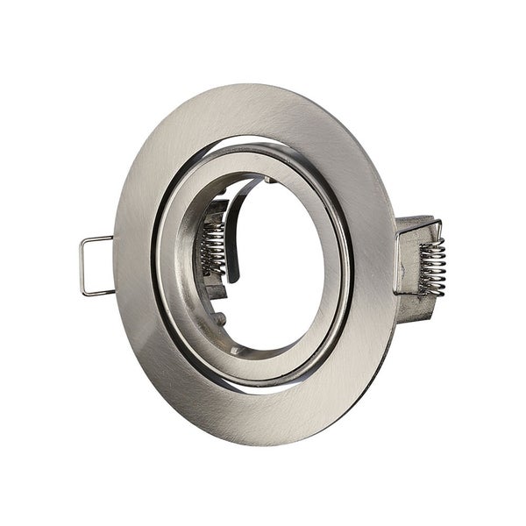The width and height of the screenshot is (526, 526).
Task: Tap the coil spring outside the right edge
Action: pyautogui.click(x=431, y=266)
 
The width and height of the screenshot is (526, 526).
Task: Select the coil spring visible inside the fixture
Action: pyautogui.click(x=213, y=247)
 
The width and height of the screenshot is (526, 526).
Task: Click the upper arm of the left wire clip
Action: pyautogui.click(x=96, y=238)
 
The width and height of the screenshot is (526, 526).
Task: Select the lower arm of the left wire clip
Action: pyautogui.click(x=98, y=293)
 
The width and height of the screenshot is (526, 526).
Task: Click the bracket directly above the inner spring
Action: pyautogui.click(x=216, y=210)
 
